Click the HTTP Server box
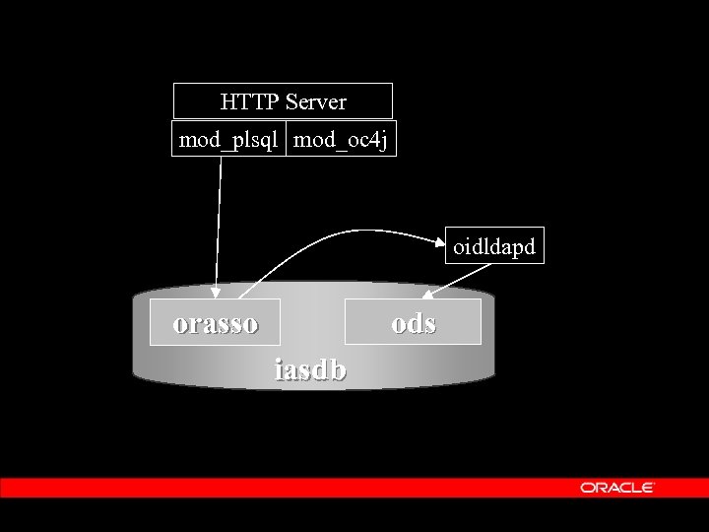283,100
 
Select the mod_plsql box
229,140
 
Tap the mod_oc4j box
342,140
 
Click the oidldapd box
494,245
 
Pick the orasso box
215,322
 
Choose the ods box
414,322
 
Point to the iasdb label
310,369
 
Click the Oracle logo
617,487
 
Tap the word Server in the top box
315,100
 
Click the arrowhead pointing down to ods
427,293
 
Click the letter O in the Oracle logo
586,487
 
